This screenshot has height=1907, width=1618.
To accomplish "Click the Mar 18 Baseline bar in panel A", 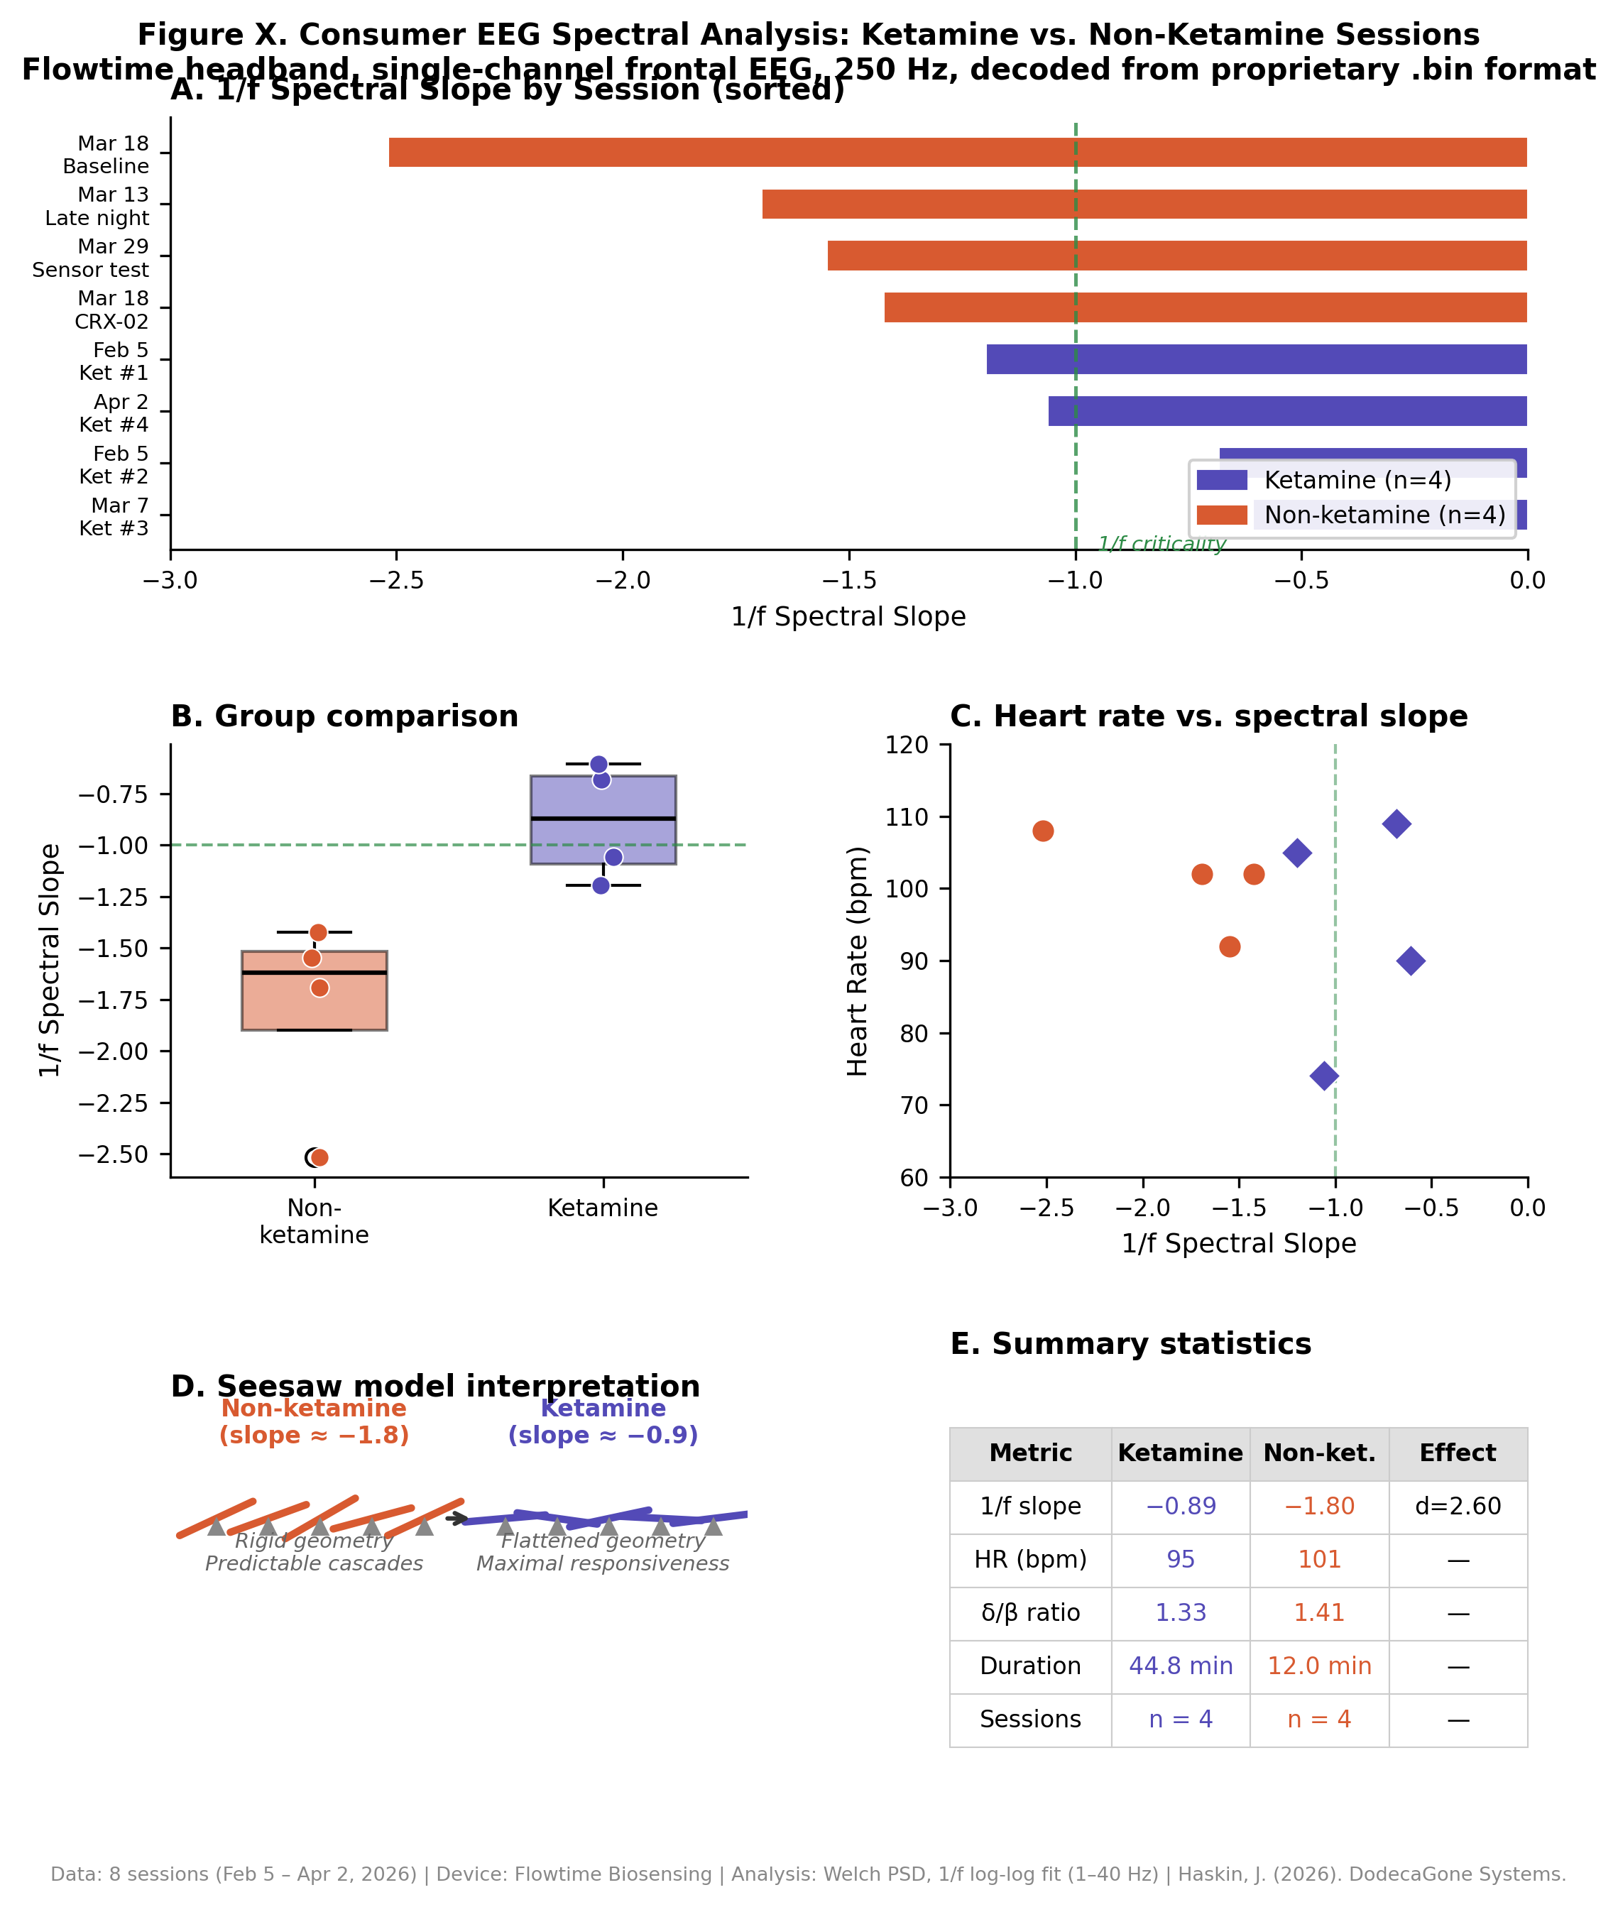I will pos(958,152).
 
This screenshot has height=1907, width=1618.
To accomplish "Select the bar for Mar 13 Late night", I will pos(1144,204).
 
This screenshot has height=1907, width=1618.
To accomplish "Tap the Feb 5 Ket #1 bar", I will pos(1256,359).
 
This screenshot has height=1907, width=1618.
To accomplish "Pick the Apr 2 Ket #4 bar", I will pos(1287,411).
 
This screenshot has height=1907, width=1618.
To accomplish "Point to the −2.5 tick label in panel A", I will pos(396,580).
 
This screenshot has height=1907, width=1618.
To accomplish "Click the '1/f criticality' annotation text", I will pos(1161,544).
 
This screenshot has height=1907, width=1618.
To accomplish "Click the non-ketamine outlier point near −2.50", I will pos(319,1157).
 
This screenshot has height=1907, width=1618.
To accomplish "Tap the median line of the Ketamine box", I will pos(603,818).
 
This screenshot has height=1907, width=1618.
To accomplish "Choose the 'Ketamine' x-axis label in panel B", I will pos(603,1208).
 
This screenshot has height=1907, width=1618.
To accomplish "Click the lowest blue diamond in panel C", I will pos(1323,1076).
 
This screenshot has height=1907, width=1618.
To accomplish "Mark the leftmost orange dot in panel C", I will pos(1043,831).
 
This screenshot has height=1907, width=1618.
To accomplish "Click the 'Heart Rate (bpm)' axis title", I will pos(857,961).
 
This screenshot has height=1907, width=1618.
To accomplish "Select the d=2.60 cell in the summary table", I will pos(1458,1506).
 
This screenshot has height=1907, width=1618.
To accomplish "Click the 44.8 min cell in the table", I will pos(1181,1666).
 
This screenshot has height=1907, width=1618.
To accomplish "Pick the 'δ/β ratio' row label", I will pos(1030,1612).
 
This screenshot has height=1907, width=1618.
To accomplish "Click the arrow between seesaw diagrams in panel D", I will pos(457,1519).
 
